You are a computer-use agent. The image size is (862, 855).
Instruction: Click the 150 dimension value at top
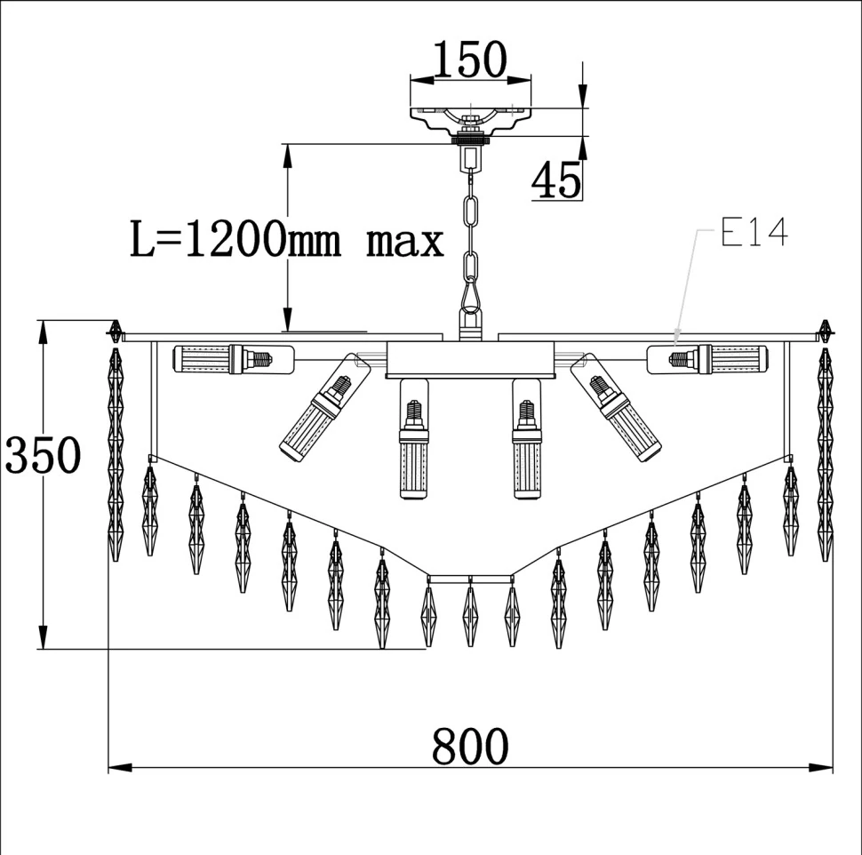(x=471, y=60)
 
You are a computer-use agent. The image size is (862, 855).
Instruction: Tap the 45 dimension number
(x=556, y=180)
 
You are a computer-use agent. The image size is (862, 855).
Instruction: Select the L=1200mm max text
(x=286, y=239)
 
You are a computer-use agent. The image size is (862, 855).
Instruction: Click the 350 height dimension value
(x=43, y=455)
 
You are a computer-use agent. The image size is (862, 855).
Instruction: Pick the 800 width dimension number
(x=470, y=746)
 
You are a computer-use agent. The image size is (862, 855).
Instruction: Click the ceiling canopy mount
(x=471, y=121)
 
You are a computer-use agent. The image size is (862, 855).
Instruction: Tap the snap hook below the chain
(x=470, y=294)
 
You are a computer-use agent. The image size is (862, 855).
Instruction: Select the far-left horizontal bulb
(x=233, y=359)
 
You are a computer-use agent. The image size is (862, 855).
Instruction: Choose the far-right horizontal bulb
(x=707, y=359)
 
